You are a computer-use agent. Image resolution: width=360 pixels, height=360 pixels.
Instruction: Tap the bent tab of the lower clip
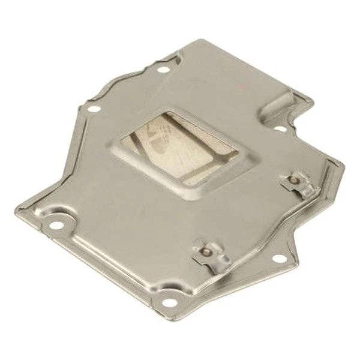point(219,259)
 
